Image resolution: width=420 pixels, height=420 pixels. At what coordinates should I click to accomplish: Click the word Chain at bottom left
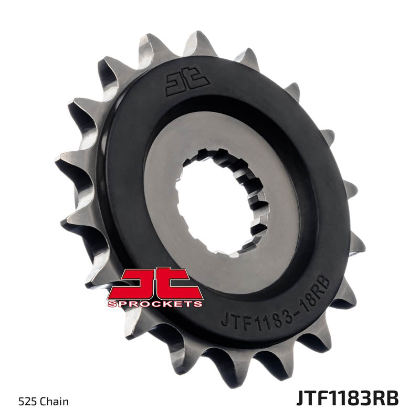[56, 402]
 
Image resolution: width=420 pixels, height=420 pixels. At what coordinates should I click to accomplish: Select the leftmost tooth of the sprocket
[66, 157]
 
